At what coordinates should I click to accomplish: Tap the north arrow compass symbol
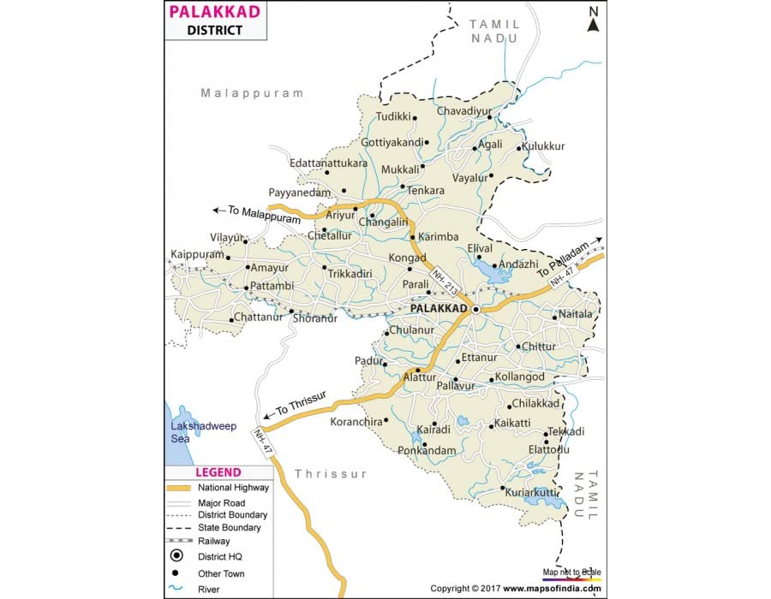click(x=592, y=19)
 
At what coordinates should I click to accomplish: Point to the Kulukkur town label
click(x=543, y=146)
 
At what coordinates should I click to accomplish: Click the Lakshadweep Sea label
click(x=202, y=432)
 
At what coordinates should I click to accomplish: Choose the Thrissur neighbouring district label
click(x=331, y=473)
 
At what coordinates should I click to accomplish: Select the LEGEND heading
click(x=218, y=471)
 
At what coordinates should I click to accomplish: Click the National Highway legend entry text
click(x=233, y=488)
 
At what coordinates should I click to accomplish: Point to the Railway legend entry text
click(x=213, y=541)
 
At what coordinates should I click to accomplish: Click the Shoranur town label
click(x=315, y=318)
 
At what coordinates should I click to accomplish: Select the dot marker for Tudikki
click(x=415, y=118)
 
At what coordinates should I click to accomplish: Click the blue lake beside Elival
click(x=489, y=271)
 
